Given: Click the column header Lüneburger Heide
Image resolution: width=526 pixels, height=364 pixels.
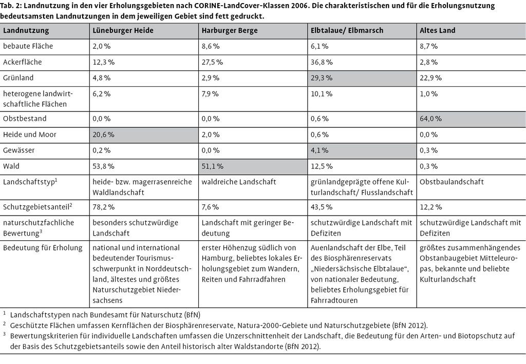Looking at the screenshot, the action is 123,30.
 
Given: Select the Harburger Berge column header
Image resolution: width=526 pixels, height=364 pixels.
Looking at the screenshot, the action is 230,30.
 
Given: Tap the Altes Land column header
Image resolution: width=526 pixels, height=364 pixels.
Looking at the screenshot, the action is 438,30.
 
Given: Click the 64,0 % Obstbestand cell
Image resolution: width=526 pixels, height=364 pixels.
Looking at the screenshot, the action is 431,119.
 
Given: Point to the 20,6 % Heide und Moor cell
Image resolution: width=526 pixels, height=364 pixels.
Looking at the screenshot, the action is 103,135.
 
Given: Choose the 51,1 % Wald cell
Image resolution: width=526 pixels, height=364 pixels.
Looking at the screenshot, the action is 212,166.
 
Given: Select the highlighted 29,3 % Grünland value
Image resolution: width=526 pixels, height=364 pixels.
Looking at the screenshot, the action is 322,78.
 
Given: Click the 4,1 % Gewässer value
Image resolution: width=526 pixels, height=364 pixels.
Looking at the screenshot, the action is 320,150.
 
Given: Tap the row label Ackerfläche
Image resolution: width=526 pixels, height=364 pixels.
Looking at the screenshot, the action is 23,62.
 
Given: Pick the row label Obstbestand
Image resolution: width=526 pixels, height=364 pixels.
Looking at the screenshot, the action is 25,119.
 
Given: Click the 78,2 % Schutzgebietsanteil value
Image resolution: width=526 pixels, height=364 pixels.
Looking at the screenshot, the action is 103,207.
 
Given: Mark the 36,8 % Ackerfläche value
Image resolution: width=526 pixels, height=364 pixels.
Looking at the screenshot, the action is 322,62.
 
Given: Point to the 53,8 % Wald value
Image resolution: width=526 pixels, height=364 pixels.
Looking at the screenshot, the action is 103,166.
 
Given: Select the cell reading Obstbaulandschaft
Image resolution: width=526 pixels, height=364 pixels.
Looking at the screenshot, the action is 452,182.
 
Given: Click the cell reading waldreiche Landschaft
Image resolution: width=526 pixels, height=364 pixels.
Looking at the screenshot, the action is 238,182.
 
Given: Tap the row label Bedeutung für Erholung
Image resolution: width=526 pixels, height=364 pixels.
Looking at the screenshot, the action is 43,248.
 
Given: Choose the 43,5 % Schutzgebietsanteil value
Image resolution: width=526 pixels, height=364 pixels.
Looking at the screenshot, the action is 322,207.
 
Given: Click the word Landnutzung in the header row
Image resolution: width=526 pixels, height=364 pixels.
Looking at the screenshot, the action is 26,30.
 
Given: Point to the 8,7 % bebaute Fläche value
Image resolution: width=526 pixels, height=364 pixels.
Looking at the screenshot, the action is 428,46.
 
